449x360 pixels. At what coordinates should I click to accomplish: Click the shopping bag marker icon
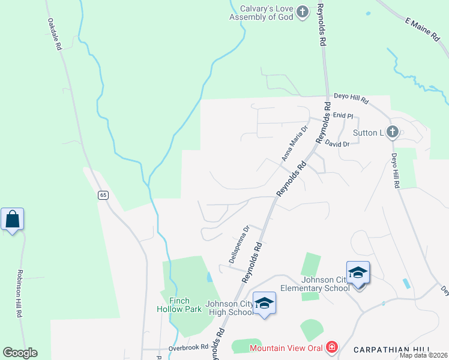12,220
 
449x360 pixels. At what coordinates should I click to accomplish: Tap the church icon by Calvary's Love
303,11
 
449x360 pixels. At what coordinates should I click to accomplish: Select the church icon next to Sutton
393,132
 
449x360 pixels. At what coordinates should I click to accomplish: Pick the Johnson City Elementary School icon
358,273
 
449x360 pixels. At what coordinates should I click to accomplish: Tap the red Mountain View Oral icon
331,347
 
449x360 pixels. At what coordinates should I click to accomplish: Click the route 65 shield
103,195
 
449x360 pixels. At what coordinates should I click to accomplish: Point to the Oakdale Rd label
55,34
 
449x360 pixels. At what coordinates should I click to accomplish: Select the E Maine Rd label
423,29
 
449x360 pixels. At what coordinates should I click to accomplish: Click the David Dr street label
337,143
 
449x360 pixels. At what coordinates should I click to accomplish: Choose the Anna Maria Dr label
295,143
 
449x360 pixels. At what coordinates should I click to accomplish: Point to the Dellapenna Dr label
239,245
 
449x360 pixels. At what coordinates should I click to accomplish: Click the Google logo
20,353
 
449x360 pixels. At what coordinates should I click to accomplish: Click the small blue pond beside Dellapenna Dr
208,277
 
